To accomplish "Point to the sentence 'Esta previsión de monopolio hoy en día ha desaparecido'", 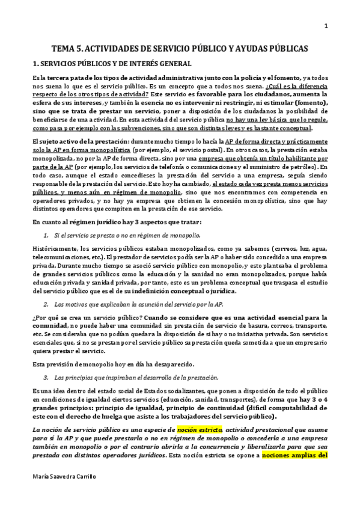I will (x=111, y=363).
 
